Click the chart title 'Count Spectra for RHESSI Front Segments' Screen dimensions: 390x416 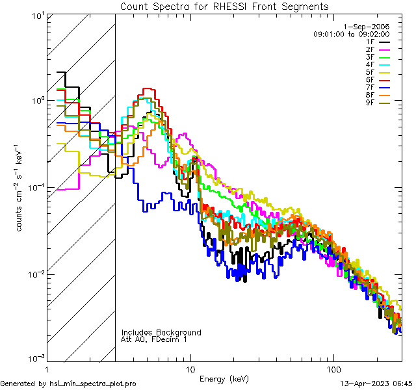224,6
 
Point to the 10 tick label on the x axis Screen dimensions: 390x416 190,369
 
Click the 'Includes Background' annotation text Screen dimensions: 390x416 161,332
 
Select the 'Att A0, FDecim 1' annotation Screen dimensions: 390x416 154,339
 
